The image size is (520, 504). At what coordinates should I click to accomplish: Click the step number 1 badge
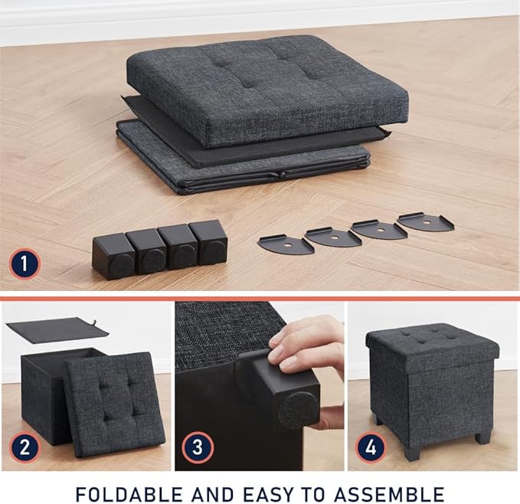click(x=25, y=265)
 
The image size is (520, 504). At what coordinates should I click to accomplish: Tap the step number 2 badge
click(x=25, y=447)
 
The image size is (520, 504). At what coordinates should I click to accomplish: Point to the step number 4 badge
click(x=371, y=447)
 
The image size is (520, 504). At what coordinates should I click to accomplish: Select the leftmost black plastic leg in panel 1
click(x=113, y=256)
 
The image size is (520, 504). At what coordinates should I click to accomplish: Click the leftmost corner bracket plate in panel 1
click(x=285, y=244)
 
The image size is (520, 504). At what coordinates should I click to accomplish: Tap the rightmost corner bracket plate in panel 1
click(x=425, y=222)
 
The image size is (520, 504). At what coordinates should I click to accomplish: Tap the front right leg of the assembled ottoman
click(x=482, y=437)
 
